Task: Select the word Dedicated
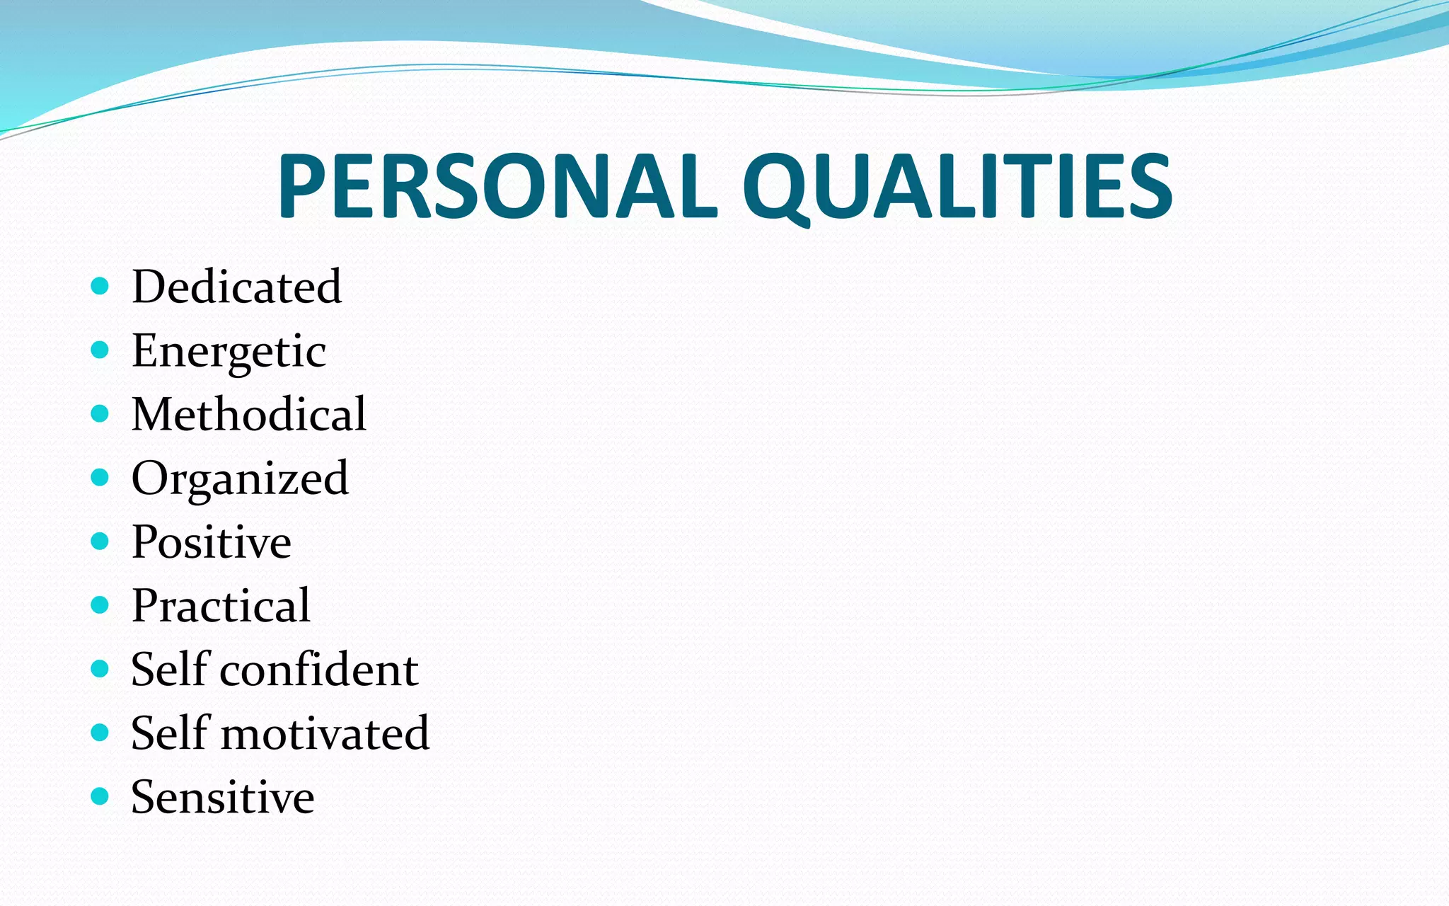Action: point(236,287)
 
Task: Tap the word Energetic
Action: point(229,351)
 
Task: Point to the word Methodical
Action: point(248,414)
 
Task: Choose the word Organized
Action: point(240,478)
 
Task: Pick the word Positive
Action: point(211,542)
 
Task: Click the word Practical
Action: point(221,606)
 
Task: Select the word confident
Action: point(319,670)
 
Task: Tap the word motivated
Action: point(325,733)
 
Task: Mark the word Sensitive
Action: point(222,797)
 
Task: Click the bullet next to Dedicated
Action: point(100,286)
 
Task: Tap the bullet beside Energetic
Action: point(100,350)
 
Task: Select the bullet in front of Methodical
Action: point(100,413)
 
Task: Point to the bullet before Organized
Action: point(100,477)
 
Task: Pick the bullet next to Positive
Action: point(100,541)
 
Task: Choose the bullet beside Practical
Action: point(100,605)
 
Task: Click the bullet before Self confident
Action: point(100,669)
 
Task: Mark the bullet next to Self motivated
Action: point(100,733)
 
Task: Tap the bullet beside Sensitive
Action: point(100,796)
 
